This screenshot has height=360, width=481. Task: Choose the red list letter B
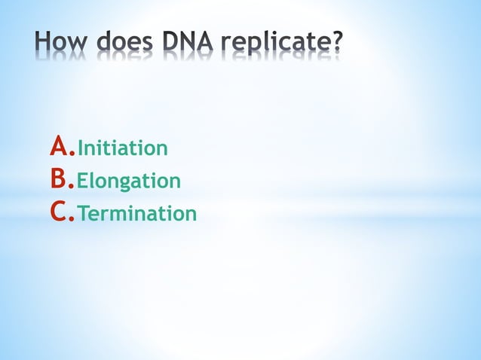tap(59, 179)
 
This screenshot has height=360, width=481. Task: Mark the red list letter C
tap(60, 212)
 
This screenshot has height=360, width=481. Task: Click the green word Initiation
tap(122, 148)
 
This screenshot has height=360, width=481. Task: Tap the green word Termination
tap(136, 215)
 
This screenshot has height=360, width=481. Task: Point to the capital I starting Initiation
tap(81, 148)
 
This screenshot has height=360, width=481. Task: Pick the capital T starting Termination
tap(84, 215)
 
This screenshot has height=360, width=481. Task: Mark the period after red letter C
tap(73, 221)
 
